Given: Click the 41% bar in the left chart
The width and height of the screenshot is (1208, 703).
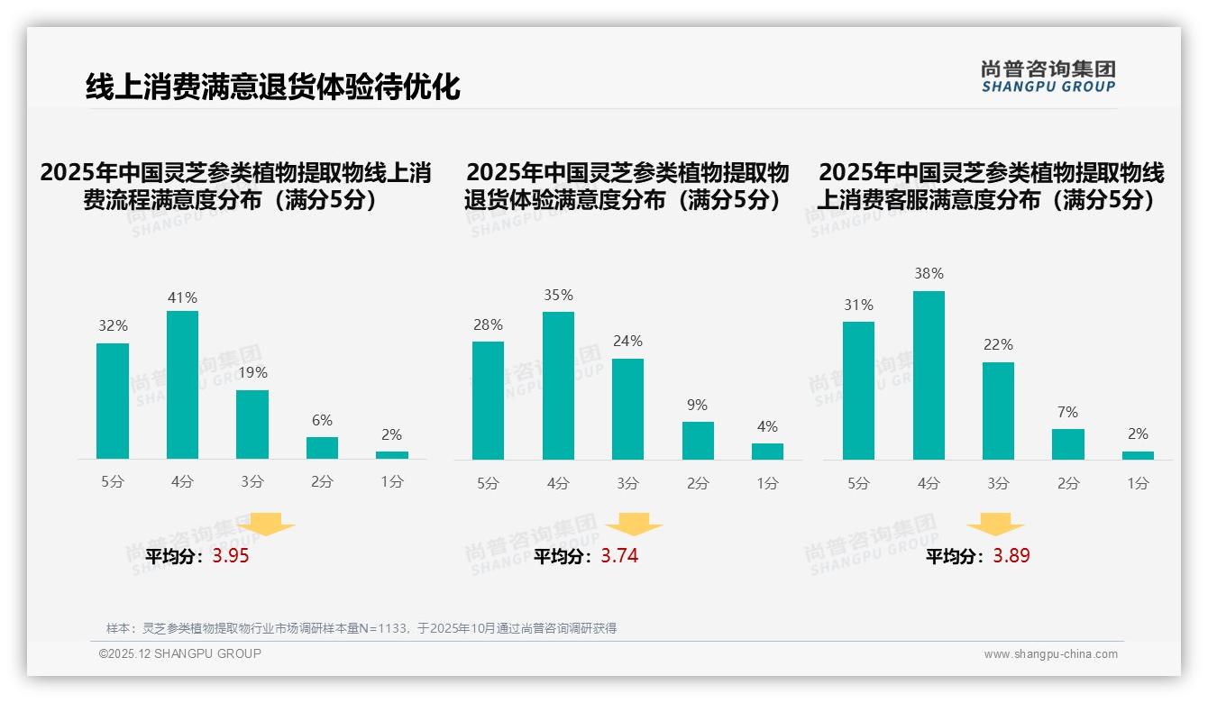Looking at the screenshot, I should (182, 385).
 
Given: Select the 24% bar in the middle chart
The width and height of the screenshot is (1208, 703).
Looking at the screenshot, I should (627, 409).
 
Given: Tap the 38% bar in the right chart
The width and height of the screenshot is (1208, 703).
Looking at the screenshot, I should (929, 375).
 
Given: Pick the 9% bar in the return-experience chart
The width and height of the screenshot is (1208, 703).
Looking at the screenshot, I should (698, 441).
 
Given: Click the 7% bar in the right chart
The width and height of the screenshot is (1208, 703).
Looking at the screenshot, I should (1067, 444).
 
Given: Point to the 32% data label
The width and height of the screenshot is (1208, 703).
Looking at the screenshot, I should (113, 326).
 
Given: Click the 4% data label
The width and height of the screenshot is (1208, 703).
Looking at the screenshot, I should (767, 426).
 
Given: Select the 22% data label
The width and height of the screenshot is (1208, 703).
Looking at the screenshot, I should (998, 344).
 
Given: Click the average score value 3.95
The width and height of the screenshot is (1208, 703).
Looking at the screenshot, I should (231, 556).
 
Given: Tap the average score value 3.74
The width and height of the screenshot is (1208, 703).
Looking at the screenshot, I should (619, 556).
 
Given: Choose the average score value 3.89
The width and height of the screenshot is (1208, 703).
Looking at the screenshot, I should (1011, 556).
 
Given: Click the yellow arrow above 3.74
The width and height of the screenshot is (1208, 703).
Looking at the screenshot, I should (634, 526).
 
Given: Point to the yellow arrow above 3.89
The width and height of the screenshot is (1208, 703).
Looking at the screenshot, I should (995, 526).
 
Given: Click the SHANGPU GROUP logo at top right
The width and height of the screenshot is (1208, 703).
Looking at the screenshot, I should (1048, 77).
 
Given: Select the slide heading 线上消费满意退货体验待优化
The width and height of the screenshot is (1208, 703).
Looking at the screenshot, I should (272, 87).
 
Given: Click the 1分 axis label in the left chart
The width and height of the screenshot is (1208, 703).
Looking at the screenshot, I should (392, 482).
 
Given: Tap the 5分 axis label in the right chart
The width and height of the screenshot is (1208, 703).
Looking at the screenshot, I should (858, 484).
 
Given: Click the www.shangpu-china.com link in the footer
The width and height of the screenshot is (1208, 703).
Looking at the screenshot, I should (1050, 654).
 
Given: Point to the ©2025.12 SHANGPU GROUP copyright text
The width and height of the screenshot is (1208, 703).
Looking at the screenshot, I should (180, 653).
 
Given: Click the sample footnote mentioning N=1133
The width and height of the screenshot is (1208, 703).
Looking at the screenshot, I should (361, 628).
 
